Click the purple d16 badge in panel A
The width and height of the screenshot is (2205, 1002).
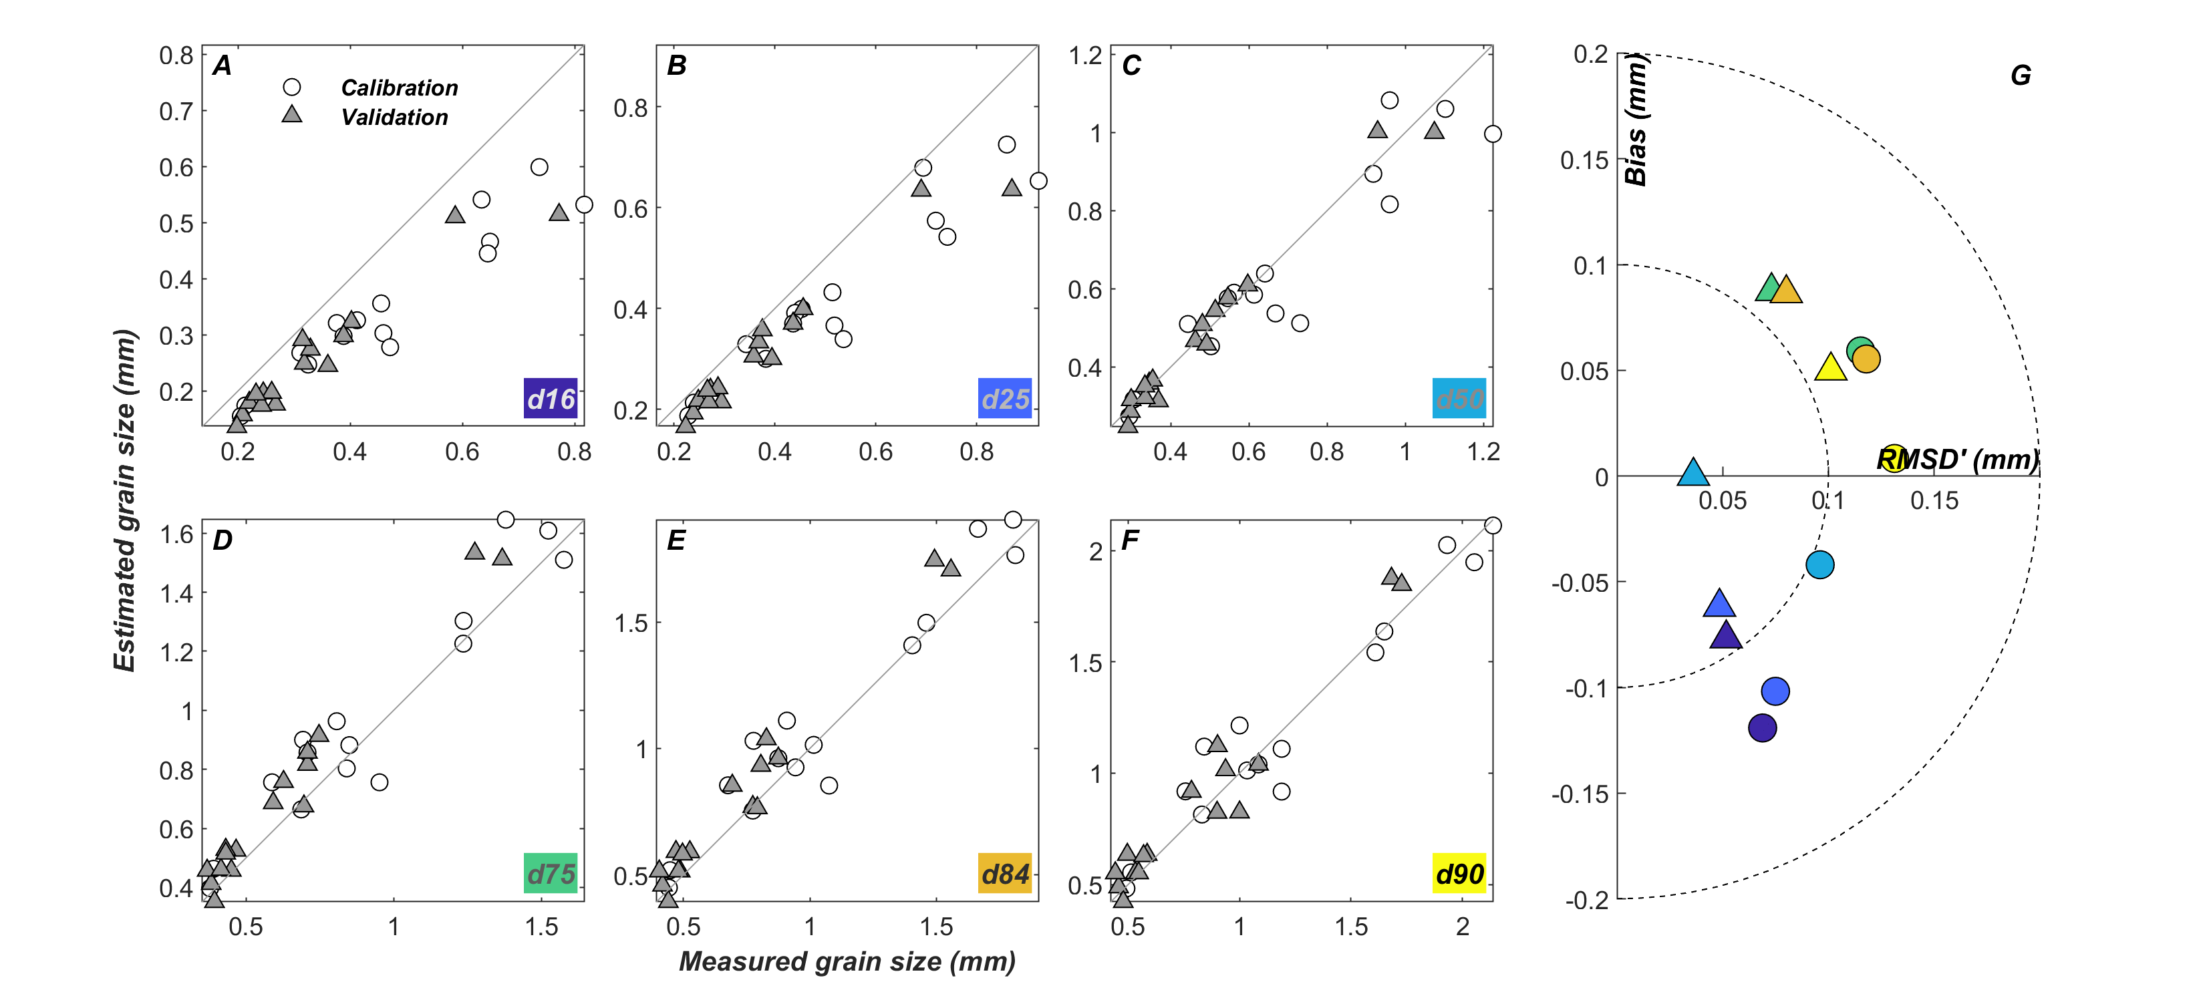tap(551, 399)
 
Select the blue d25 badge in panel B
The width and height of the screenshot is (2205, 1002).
tap(1004, 399)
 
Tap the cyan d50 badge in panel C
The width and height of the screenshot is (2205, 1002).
tap(1459, 399)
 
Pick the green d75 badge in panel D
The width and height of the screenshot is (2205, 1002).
tap(551, 874)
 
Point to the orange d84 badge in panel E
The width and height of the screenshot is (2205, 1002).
tap(1004, 874)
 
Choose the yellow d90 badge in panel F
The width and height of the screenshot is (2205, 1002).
tap(1459, 874)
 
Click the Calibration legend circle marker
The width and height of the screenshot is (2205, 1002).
tap(292, 88)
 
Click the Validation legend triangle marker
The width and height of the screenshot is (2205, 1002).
tap(292, 116)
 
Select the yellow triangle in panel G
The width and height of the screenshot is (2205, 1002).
tap(1830, 368)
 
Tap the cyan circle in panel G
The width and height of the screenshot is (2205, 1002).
tap(1820, 564)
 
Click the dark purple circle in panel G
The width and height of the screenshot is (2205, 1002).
tap(1763, 728)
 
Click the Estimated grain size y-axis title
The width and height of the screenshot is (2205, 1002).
tap(125, 500)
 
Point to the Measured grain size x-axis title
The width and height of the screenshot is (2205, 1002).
tap(847, 962)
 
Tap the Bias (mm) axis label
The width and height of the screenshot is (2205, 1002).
tap(1635, 120)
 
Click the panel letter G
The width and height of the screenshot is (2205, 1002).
tap(2020, 76)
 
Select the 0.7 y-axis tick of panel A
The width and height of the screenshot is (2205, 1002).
tap(176, 112)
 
